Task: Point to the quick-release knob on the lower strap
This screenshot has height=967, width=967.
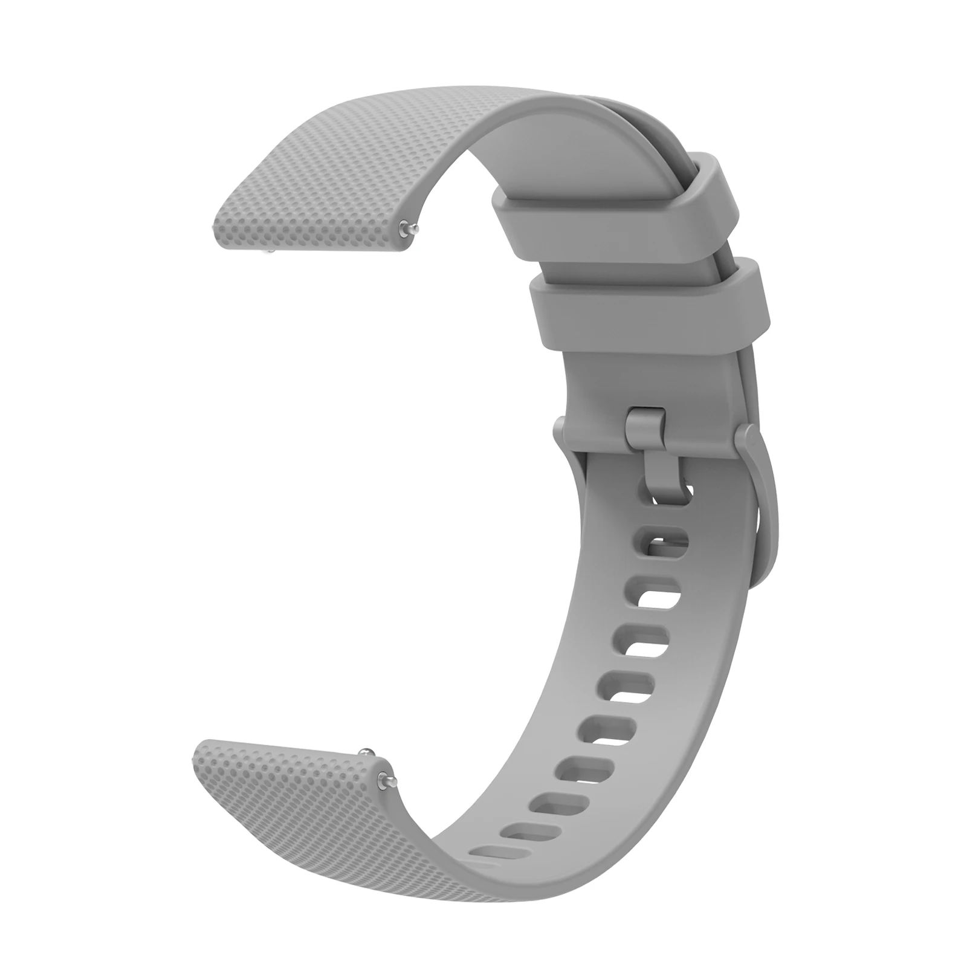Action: [x=366, y=752]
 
